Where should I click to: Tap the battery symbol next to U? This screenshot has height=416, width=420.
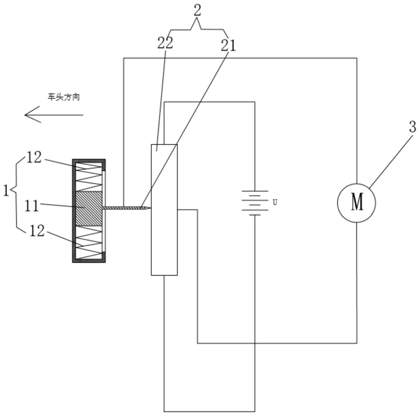point(255,203)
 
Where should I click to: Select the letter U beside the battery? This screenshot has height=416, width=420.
point(275,203)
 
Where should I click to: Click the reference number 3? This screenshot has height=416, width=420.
point(413,127)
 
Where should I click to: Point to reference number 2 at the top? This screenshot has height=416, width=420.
point(197,10)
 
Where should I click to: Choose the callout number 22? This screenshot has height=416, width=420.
point(165,43)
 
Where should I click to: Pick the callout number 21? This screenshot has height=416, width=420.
point(228,45)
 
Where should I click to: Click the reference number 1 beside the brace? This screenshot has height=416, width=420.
point(6,191)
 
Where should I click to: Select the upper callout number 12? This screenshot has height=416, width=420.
point(34,157)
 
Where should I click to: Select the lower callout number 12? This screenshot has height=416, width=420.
point(37,230)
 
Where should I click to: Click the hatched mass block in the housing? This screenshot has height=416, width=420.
point(89,209)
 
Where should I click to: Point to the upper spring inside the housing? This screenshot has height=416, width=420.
point(89,177)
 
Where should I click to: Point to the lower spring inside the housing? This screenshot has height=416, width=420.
point(89,243)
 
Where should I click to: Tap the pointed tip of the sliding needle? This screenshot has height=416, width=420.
point(151,208)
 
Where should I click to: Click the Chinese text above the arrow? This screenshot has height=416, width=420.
point(64,97)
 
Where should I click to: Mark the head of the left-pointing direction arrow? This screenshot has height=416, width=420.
point(25,115)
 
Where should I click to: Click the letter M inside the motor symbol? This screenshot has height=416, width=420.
point(357,202)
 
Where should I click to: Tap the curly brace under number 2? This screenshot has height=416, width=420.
point(197,28)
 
